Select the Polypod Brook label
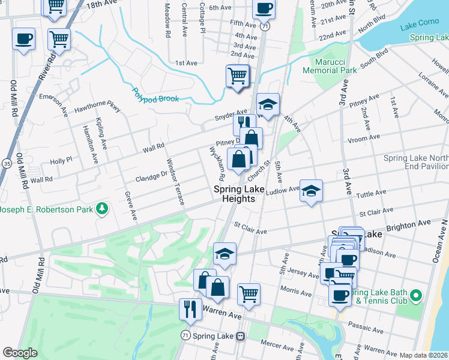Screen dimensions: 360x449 tap(155, 96)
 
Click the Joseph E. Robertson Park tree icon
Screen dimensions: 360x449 tap(102, 209)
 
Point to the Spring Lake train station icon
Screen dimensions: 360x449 tap(241, 336)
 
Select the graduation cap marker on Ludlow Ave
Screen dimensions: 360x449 tap(311, 191)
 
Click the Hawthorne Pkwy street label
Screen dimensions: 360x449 tap(97, 108)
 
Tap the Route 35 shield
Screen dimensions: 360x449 tap(7, 163)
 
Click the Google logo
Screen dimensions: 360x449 tap(20, 353)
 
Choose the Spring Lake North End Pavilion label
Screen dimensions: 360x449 tap(416, 163)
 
